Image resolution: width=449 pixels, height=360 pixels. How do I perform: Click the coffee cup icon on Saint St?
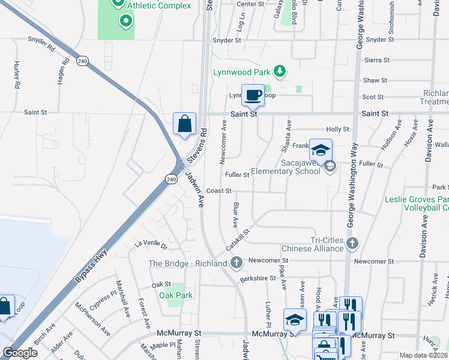tap(253, 95)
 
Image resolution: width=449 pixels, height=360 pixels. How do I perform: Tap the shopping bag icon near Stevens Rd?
tap(184, 124)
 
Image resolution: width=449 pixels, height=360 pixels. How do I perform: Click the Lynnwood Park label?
tap(241, 72)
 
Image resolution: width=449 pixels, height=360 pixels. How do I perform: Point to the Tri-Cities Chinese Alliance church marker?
tap(352, 243)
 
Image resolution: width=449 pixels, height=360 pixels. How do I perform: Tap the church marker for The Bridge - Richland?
tap(237, 263)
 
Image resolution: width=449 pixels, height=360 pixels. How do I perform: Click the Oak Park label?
tap(176, 295)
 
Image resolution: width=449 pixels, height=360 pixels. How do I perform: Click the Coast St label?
tap(218, 191)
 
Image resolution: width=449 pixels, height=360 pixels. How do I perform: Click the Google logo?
tap(20, 353)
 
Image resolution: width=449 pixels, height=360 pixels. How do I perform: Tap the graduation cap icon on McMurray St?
tap(295, 319)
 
